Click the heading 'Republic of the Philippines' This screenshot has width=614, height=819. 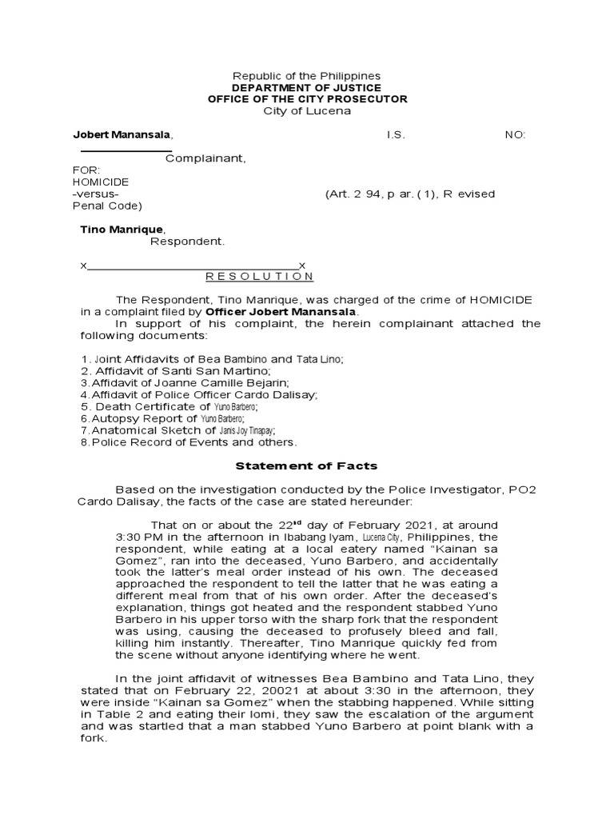pyautogui.click(x=307, y=75)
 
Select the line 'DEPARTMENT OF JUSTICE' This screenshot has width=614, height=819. pyautogui.click(x=307, y=87)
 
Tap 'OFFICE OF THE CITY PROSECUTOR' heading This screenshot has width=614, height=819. pyautogui.click(x=307, y=98)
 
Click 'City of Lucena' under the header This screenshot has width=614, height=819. pyautogui.click(x=307, y=110)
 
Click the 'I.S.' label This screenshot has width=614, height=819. pyautogui.click(x=397, y=134)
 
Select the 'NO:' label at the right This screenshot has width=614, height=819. pyautogui.click(x=515, y=134)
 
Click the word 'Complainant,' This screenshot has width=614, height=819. pyautogui.click(x=205, y=158)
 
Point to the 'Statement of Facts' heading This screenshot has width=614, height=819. pyautogui.click(x=305, y=465)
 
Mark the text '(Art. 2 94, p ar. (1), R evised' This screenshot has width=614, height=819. pyautogui.click(x=409, y=194)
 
